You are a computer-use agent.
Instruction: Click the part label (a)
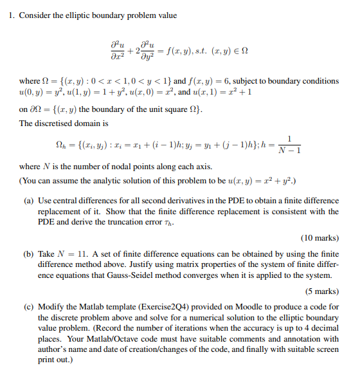tap(30, 201)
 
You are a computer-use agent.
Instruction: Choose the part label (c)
tap(30, 307)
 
